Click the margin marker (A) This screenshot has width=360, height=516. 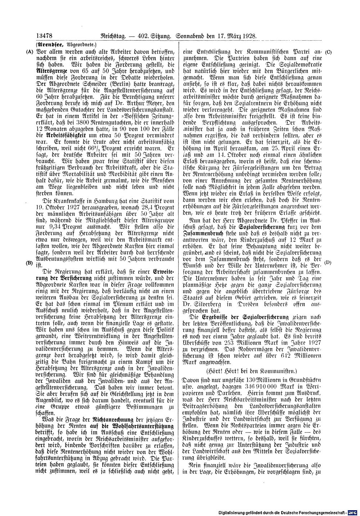tap(29, 51)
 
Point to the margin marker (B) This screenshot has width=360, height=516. tap(29, 252)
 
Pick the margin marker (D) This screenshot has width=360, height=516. tap(328, 252)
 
